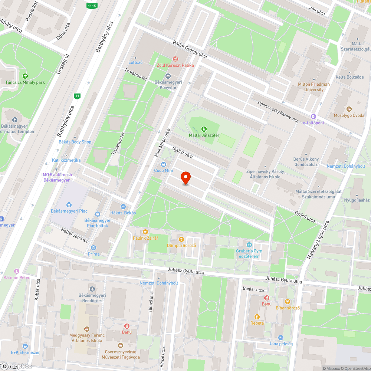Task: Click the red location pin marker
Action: [x=185, y=178]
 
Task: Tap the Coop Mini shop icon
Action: [x=163, y=164]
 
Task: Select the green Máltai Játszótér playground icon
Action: [x=204, y=129]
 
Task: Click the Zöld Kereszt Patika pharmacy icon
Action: [x=175, y=59]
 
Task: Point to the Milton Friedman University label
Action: [x=314, y=87]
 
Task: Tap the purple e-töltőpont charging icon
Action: [x=313, y=116]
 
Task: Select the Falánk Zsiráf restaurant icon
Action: [x=145, y=232]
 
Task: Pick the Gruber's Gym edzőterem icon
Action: [x=249, y=245]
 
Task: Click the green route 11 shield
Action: [x=77, y=96]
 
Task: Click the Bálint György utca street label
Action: [x=190, y=49]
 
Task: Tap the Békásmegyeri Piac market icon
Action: [x=69, y=205]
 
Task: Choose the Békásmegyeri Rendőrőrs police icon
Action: [x=92, y=289]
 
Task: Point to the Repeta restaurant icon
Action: [x=257, y=316]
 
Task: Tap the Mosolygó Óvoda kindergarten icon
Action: [x=349, y=109]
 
